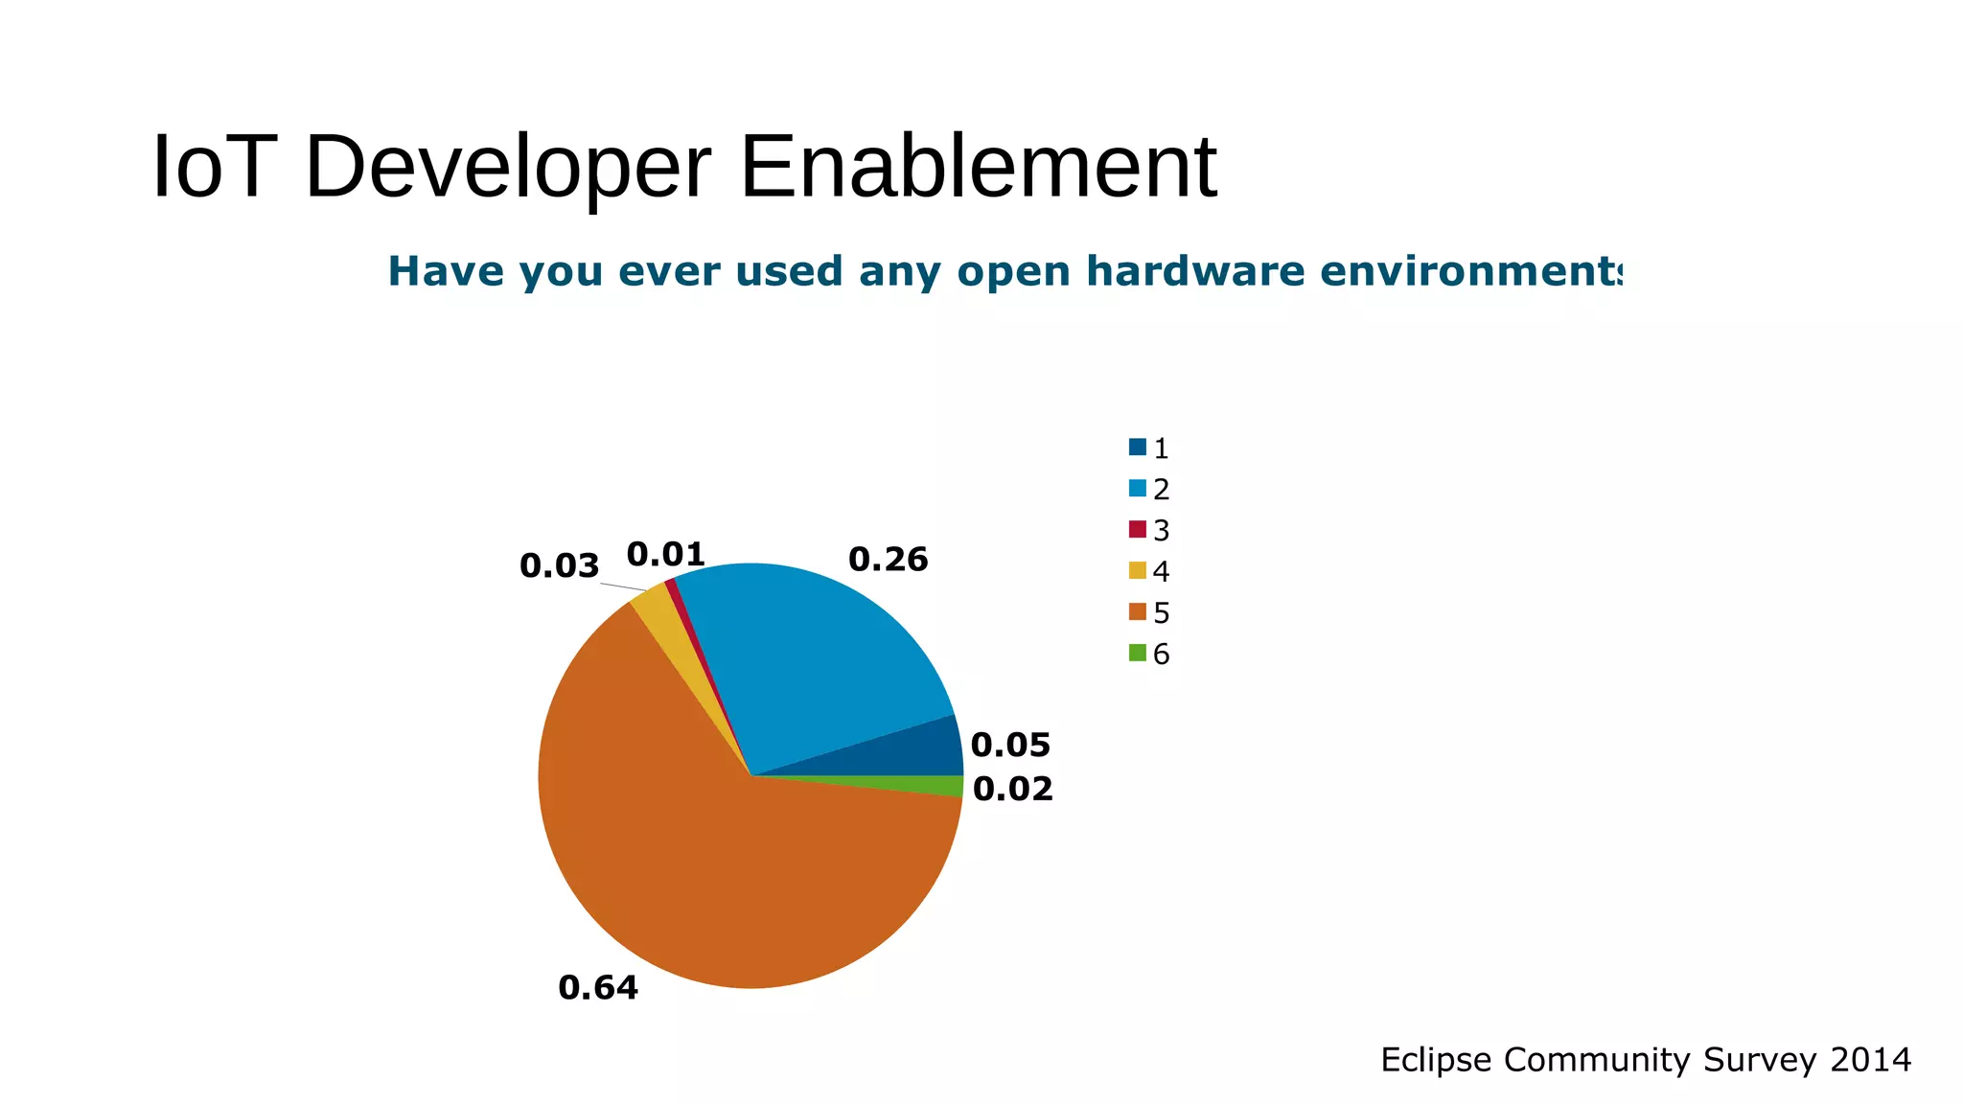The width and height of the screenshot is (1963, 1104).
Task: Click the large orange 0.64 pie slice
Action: coord(690,862)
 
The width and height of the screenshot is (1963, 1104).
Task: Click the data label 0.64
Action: coord(598,987)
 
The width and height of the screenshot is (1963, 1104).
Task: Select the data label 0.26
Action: coord(888,560)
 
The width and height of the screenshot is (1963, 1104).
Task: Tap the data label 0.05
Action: coord(1010,745)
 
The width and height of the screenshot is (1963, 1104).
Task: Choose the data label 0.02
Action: coord(1012,789)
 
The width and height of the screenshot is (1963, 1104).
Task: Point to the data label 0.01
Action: coord(665,554)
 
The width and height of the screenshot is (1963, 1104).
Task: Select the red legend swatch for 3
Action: coord(1138,529)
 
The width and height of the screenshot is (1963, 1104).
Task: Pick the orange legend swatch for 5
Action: coord(1138,611)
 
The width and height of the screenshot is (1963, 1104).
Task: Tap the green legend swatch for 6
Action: coord(1138,653)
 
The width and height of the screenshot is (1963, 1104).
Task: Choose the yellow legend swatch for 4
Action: coord(1138,570)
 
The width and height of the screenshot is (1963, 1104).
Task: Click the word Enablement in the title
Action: coord(978,168)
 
